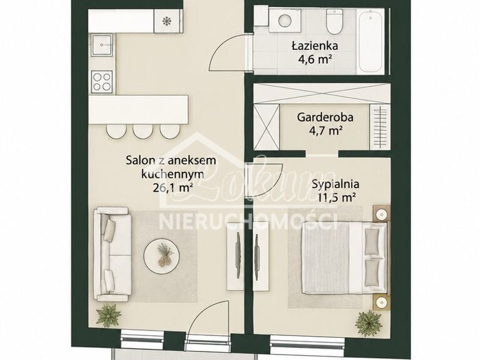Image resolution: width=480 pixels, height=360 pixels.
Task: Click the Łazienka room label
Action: tap(314, 46)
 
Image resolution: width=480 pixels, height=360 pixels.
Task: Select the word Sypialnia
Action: tap(335, 184)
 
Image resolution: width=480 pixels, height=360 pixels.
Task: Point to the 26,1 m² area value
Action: tap(172, 187)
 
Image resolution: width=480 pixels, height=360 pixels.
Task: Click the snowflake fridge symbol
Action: tap(167, 21)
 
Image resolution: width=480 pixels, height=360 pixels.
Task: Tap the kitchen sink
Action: tap(102, 44)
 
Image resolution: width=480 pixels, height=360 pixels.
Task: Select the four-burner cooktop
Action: tap(102, 81)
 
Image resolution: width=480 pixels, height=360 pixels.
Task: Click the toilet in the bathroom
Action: tap(334, 21)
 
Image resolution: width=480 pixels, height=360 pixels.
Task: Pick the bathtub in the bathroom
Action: tap(371, 40)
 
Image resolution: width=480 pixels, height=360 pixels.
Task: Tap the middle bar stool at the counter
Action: tap(143, 131)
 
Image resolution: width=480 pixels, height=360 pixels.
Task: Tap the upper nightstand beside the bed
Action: tap(382, 214)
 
